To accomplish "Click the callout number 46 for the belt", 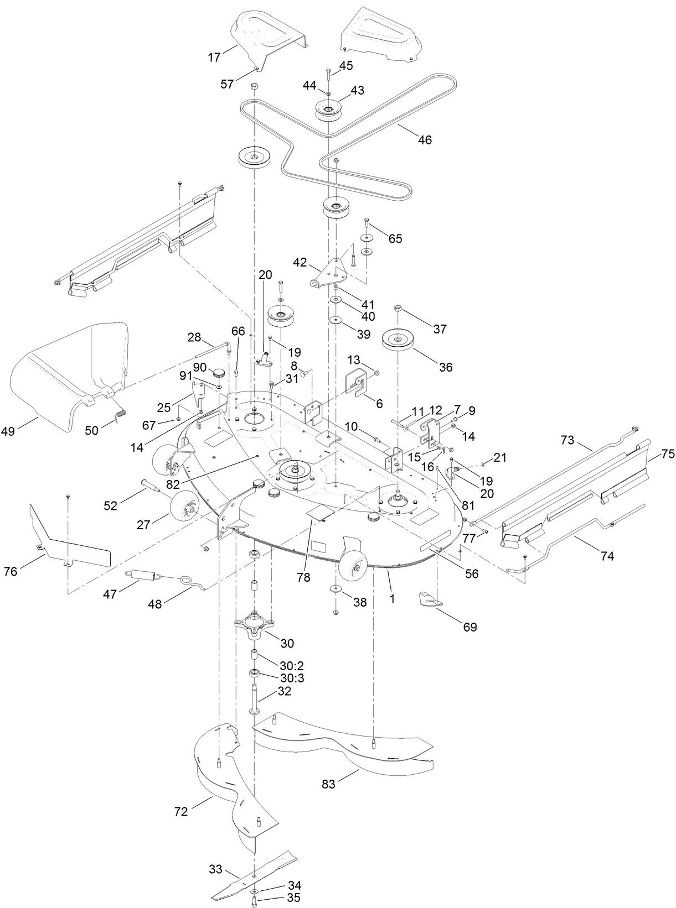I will (x=425, y=140).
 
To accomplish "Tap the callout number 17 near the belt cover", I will (x=214, y=56).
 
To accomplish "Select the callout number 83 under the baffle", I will (x=329, y=784).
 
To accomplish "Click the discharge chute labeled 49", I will (x=66, y=376).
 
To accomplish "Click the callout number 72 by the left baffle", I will (x=181, y=811).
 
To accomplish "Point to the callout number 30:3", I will (x=292, y=678).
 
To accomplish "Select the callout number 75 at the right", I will (x=668, y=454).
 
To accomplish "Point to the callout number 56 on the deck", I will (x=471, y=574).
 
